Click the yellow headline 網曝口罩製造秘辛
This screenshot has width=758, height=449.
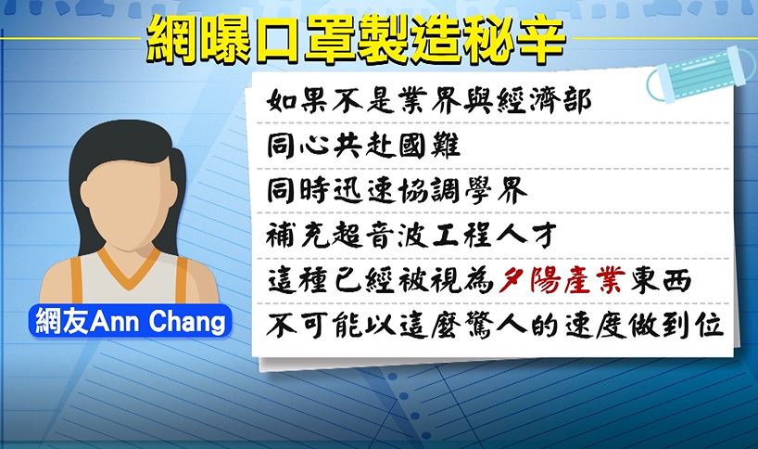click(356, 40)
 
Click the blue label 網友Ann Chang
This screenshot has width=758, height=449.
click(131, 321)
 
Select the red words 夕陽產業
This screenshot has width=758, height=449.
click(562, 280)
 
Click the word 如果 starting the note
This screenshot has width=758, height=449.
click(297, 102)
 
